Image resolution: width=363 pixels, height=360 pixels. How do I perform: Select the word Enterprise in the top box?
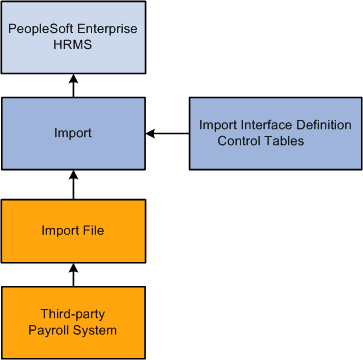click(x=106, y=30)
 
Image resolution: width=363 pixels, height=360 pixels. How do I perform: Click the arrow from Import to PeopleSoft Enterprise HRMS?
click(x=73, y=87)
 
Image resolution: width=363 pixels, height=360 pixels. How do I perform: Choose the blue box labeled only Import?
click(x=73, y=133)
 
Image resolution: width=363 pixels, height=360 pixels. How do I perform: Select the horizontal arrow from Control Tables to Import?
click(x=167, y=133)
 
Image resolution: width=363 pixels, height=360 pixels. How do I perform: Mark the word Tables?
click(x=285, y=141)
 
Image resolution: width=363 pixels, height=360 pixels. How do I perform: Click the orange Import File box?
click(x=73, y=230)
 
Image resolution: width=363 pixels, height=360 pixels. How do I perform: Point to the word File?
click(x=96, y=230)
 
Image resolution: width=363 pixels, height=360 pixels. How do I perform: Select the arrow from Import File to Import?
click(x=73, y=183)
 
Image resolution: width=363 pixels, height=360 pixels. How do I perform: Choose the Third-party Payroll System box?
click(x=73, y=322)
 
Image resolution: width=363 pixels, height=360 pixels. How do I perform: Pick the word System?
click(x=95, y=330)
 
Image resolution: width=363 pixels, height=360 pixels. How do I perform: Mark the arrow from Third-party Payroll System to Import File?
click(x=73, y=273)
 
